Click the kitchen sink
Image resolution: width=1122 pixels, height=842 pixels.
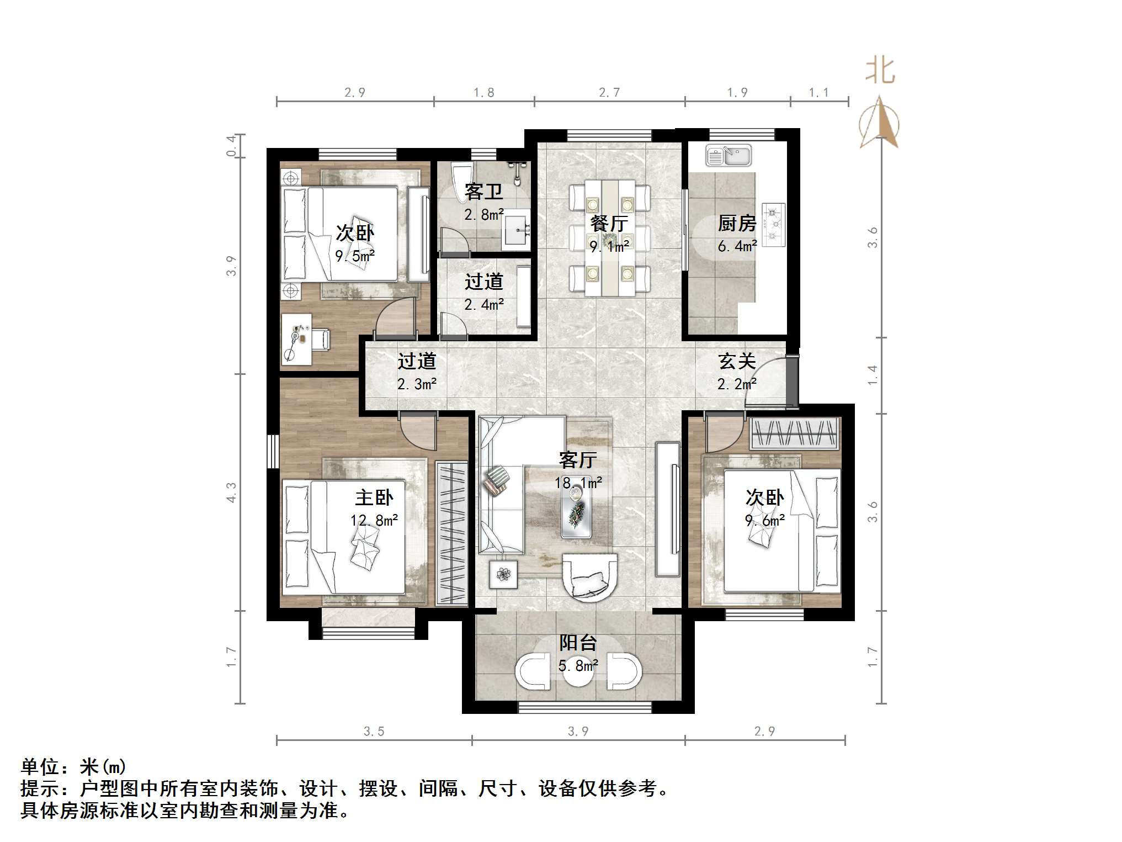(728, 156)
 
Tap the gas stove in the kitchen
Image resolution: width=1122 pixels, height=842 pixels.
(773, 224)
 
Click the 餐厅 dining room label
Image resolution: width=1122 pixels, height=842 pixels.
(609, 224)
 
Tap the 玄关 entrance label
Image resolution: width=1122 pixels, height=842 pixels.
(736, 361)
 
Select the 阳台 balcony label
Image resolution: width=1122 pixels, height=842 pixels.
(578, 643)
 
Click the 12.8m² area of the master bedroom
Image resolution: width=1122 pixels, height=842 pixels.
(374, 520)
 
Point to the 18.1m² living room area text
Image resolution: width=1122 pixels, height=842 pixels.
(578, 483)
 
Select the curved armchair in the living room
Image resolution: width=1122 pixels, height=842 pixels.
(589, 576)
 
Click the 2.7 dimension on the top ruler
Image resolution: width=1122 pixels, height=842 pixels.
(609, 92)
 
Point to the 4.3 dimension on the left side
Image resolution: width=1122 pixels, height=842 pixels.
(231, 493)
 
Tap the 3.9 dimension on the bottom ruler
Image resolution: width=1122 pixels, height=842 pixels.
(578, 731)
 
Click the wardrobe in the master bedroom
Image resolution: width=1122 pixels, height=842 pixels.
(451, 533)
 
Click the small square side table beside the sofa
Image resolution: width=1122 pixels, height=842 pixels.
(503, 574)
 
